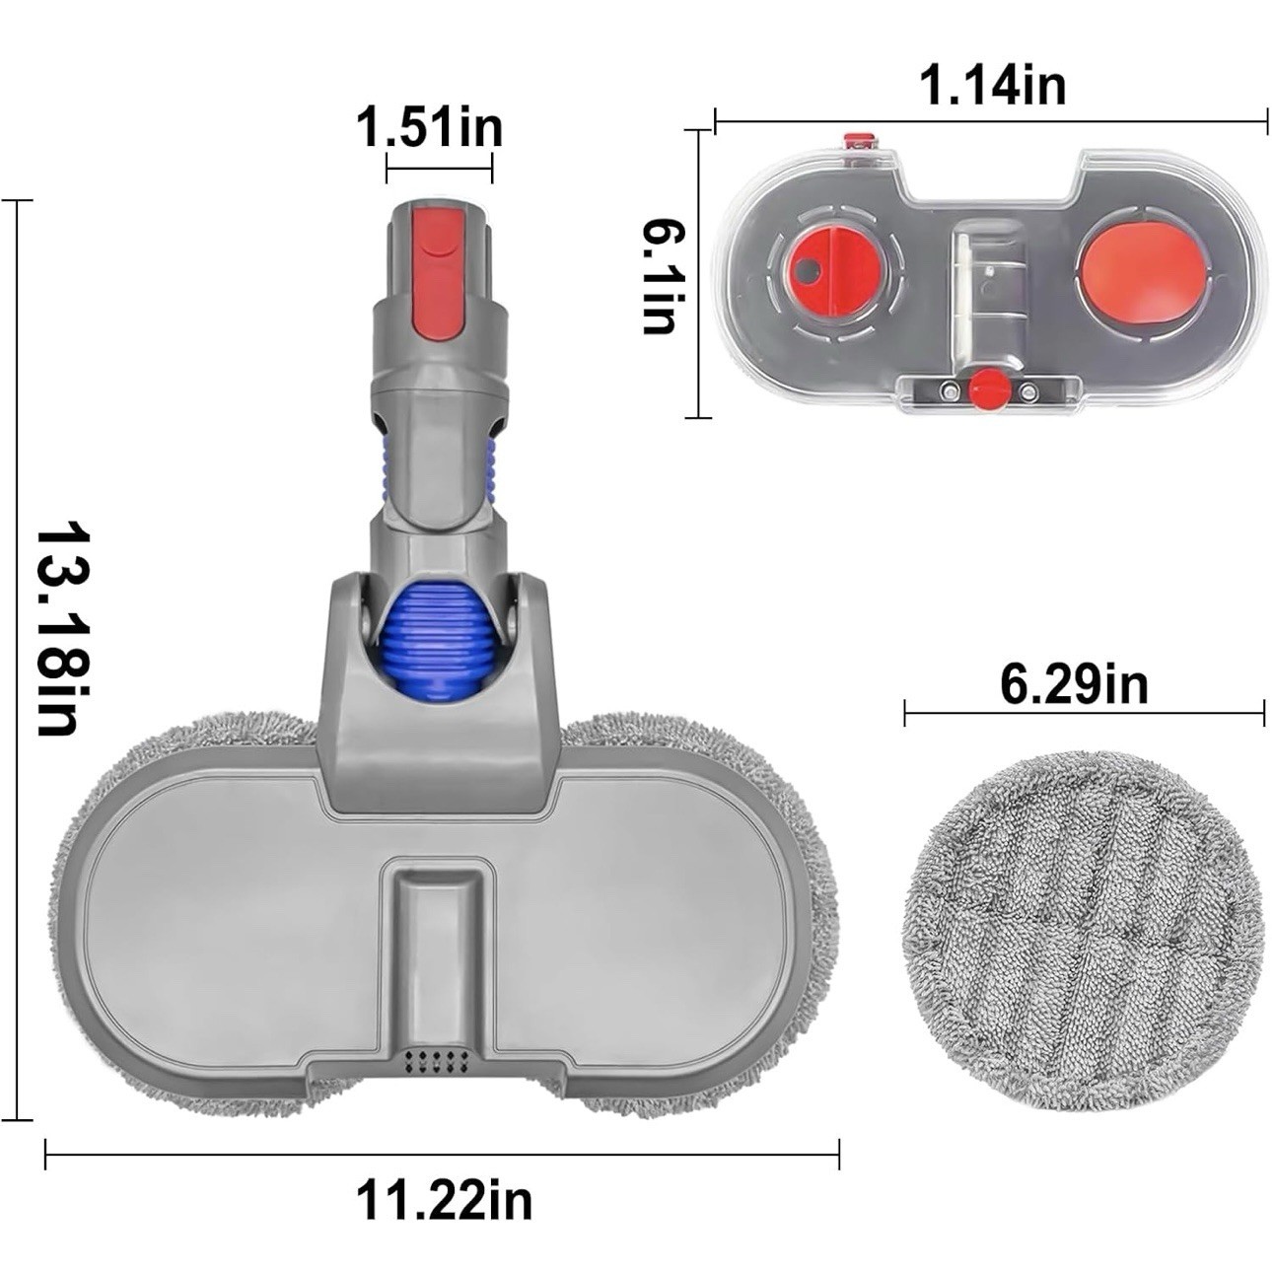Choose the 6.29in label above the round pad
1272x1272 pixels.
click(x=1074, y=684)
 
